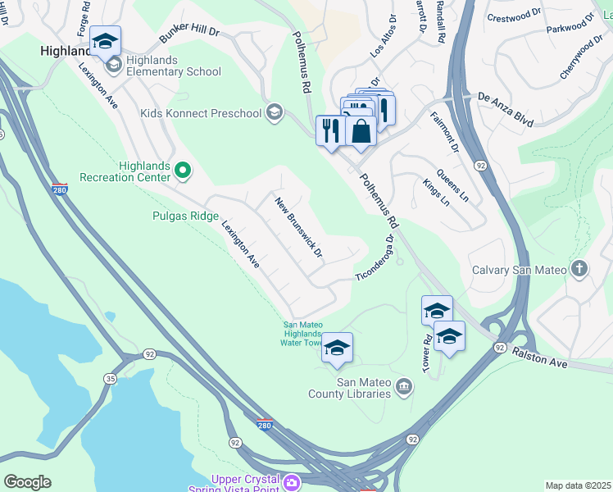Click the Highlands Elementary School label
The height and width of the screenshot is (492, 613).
click(x=173, y=71)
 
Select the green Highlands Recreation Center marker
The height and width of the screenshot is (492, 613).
click(x=183, y=171)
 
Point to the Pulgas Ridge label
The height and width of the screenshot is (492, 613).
click(x=185, y=216)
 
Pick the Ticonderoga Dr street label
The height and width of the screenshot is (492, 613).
click(x=375, y=259)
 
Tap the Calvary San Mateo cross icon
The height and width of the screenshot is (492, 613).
click(x=579, y=269)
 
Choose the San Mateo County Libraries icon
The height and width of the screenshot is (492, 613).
click(x=403, y=386)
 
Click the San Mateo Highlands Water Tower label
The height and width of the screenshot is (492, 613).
click(x=307, y=334)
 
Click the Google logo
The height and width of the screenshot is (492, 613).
click(x=27, y=481)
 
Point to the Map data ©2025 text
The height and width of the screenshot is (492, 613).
click(x=578, y=485)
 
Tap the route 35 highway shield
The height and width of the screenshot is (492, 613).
click(x=110, y=378)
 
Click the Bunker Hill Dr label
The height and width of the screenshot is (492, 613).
click(x=189, y=34)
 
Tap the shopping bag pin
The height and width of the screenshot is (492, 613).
click(x=361, y=130)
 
